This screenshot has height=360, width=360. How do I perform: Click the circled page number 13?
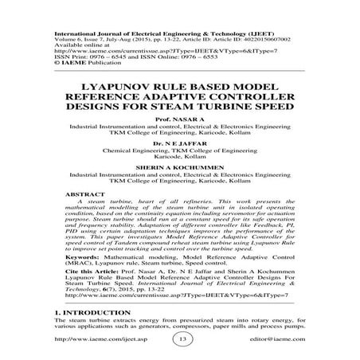(180, 338)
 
